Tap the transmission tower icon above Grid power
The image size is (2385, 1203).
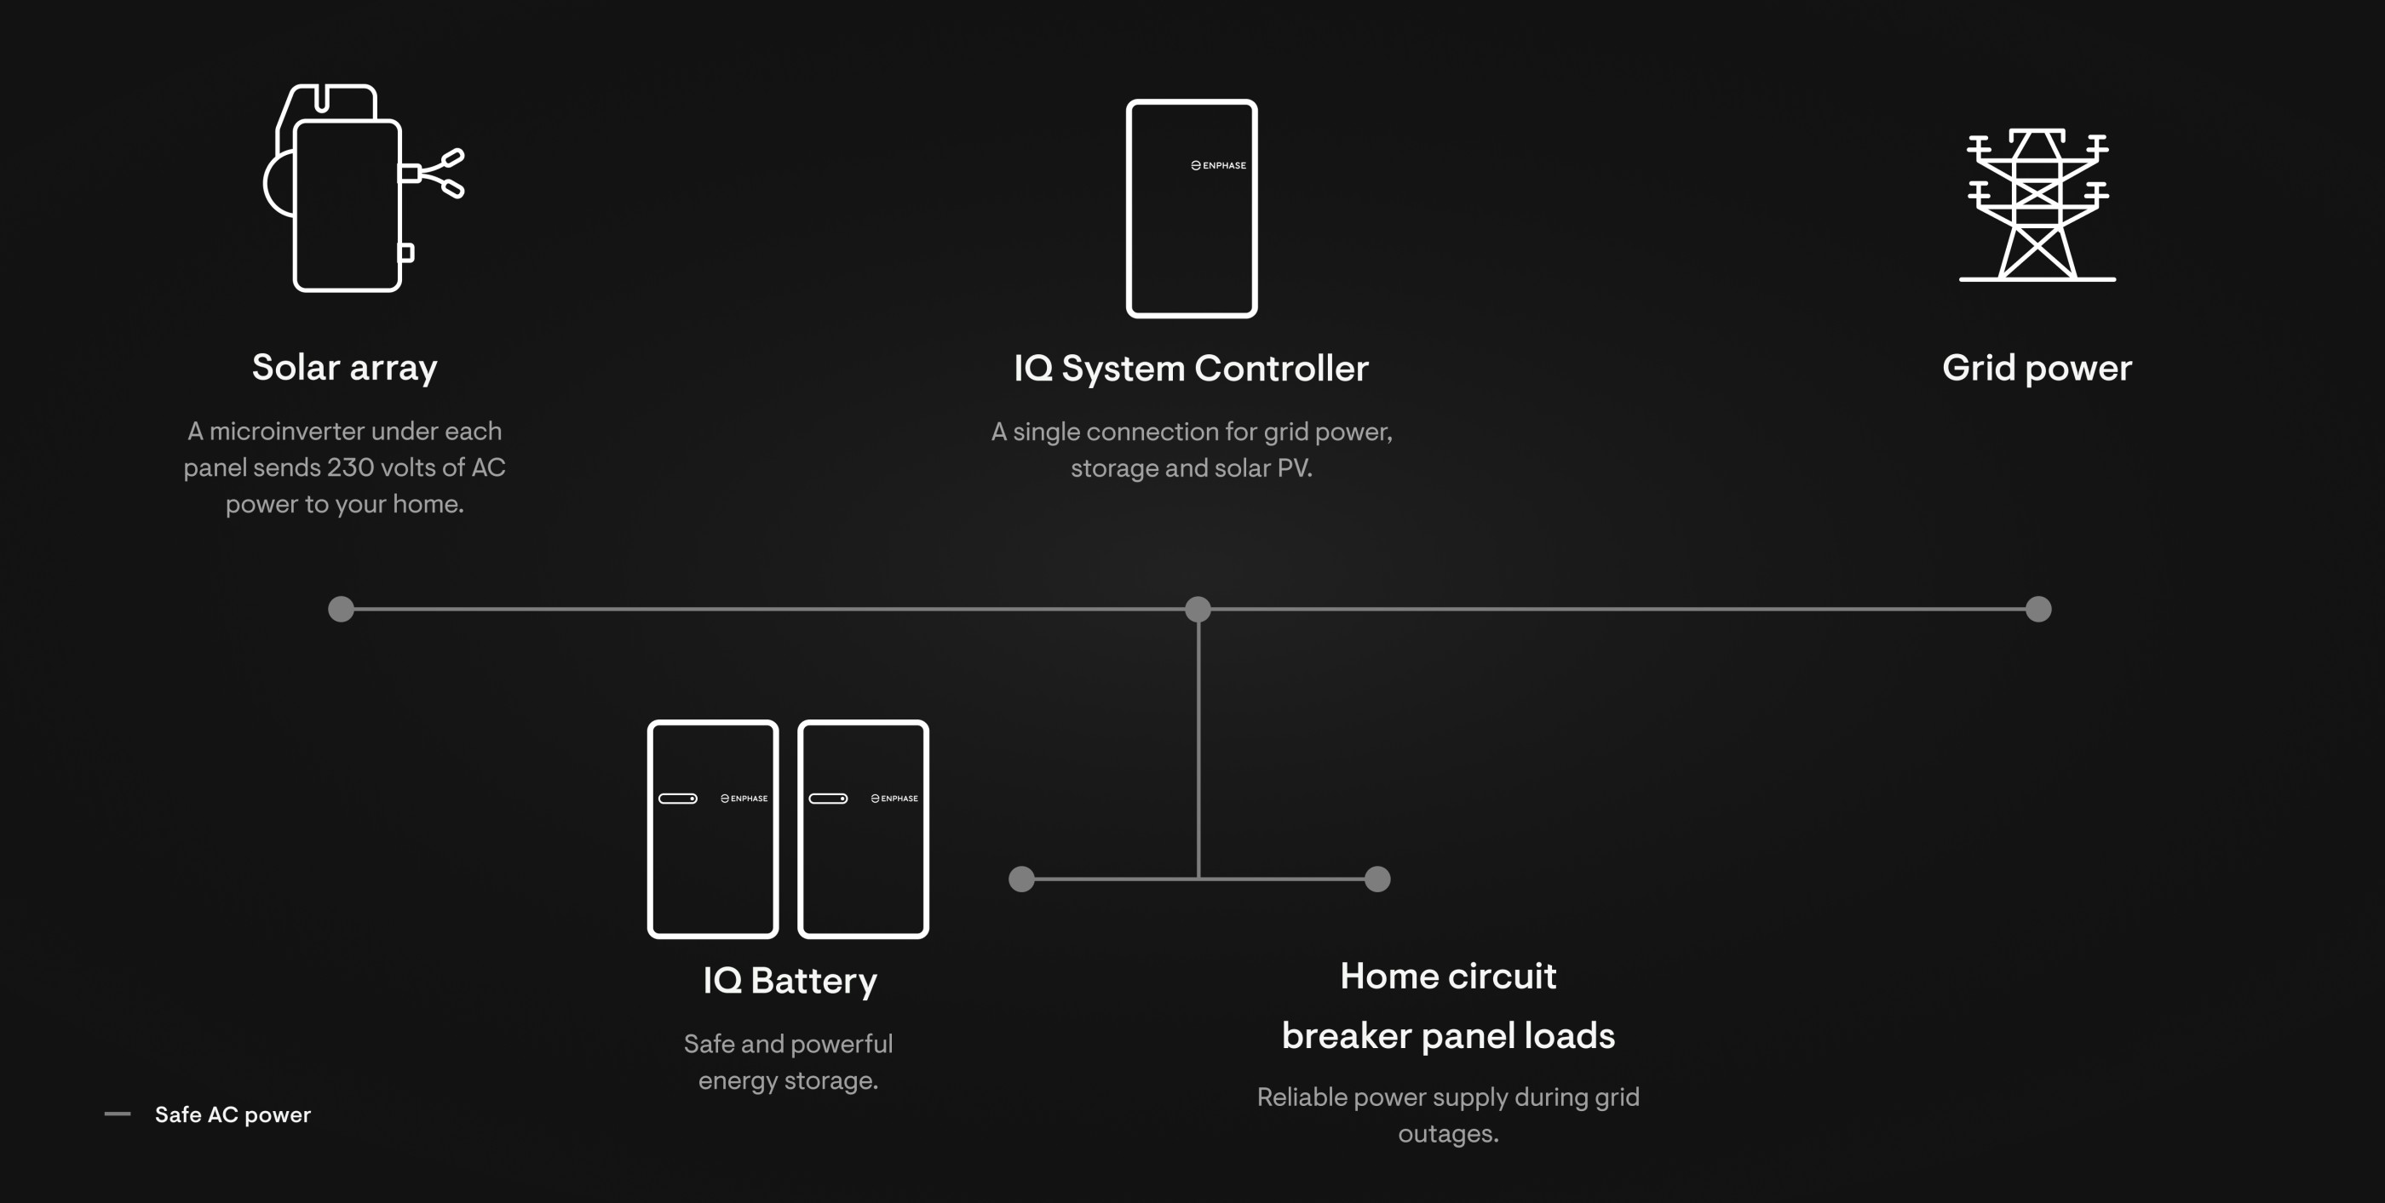pos(2037,204)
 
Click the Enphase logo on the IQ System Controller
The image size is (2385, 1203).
pos(1218,166)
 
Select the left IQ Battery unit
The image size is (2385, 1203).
pos(713,829)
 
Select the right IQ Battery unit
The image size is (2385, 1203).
pos(863,829)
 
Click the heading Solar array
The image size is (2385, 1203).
pos(344,369)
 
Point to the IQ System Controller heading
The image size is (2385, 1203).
pos(1191,369)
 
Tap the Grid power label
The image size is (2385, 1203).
pos(2037,369)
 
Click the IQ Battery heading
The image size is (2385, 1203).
pos(790,981)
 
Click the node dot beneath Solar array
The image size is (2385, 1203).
pos(341,609)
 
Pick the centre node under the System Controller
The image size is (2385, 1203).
pos(1198,609)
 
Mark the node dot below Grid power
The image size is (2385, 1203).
pos(2038,609)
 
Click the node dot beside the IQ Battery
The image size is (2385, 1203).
pos(1021,879)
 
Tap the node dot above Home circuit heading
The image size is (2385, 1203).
pos(1377,879)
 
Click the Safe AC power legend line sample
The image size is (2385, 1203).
pos(118,1114)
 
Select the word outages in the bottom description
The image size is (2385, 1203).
pos(1448,1133)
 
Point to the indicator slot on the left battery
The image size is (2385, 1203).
pos(678,799)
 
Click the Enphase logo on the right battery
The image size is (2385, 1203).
pos(894,799)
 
